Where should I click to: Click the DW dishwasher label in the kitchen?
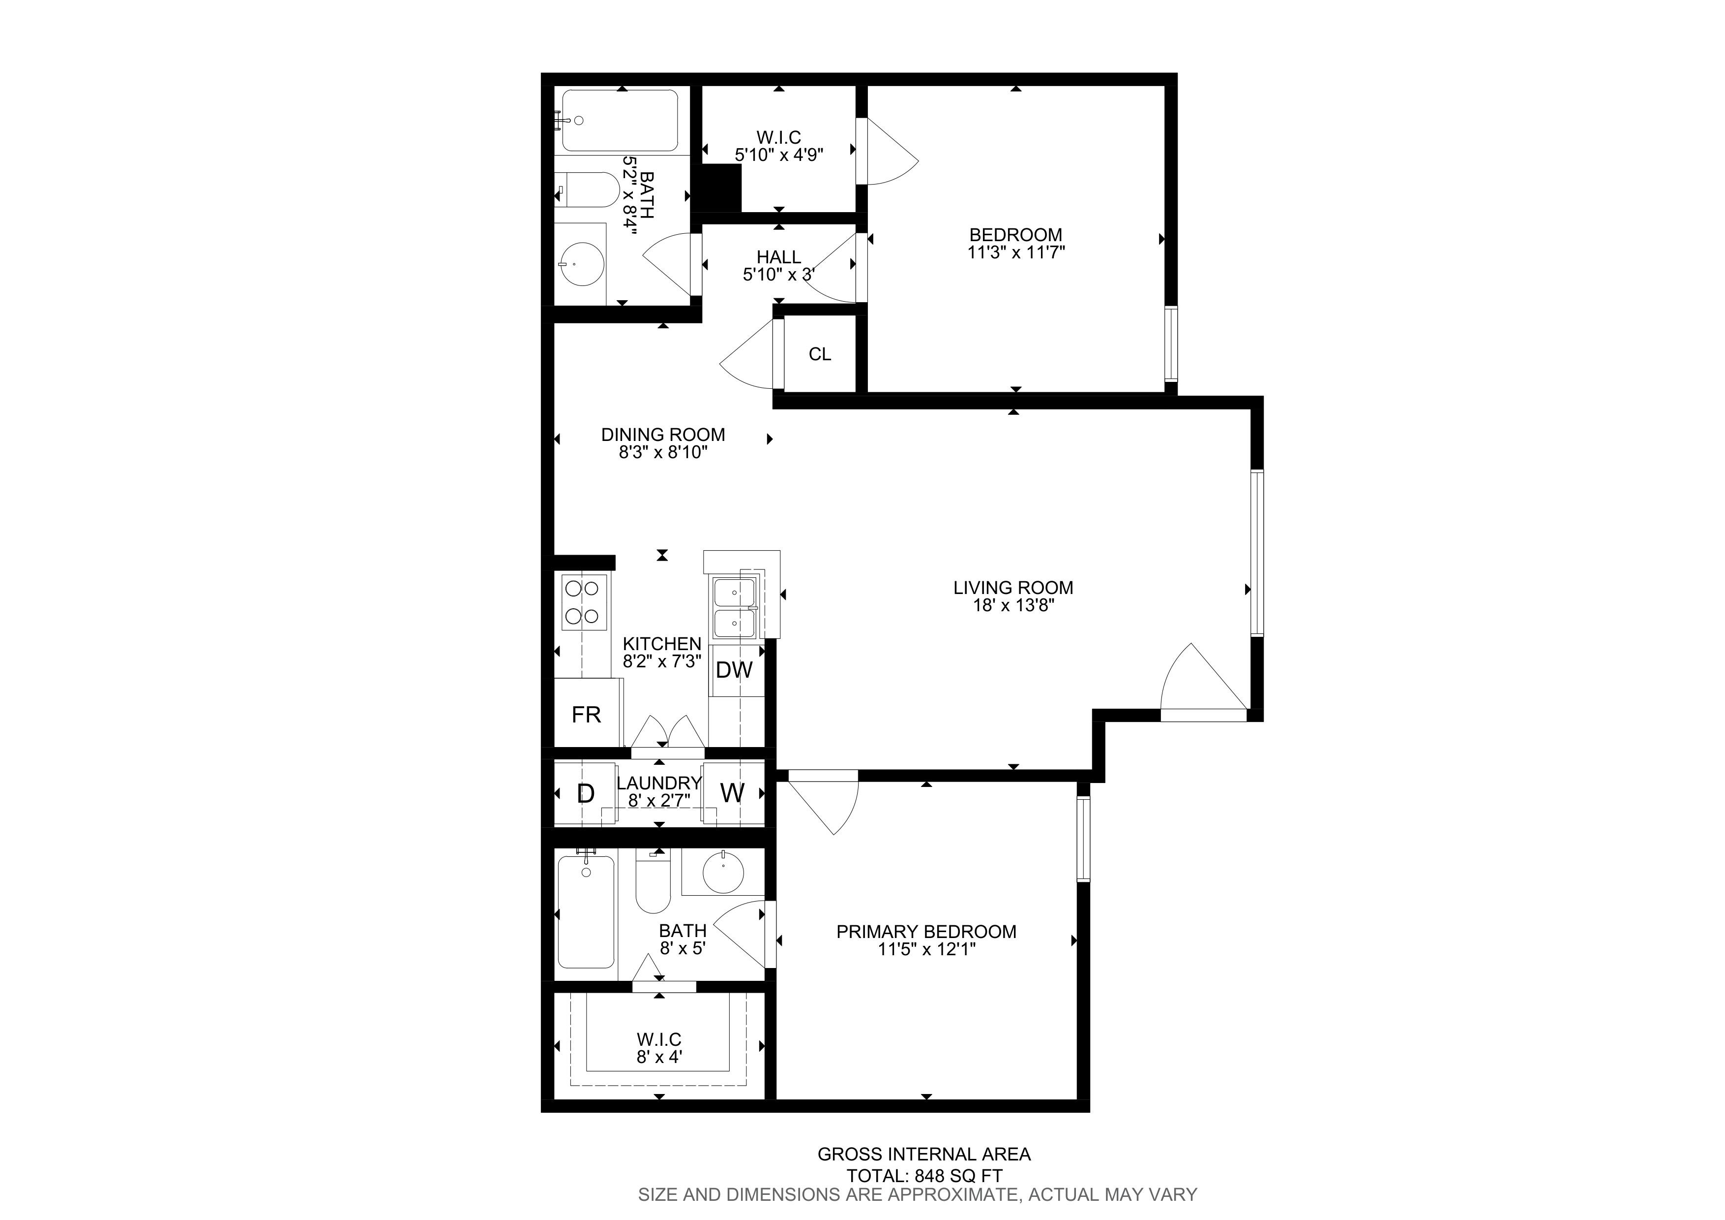point(734,670)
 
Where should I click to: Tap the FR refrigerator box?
point(588,713)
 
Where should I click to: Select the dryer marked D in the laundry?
point(585,793)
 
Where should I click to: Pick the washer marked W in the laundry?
point(733,793)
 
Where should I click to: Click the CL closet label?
point(820,354)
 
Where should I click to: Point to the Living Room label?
point(1013,588)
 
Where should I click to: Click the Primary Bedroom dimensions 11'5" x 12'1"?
point(926,949)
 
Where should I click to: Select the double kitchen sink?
point(735,607)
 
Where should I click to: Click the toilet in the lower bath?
point(653,880)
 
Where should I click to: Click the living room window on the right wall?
point(1257,553)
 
